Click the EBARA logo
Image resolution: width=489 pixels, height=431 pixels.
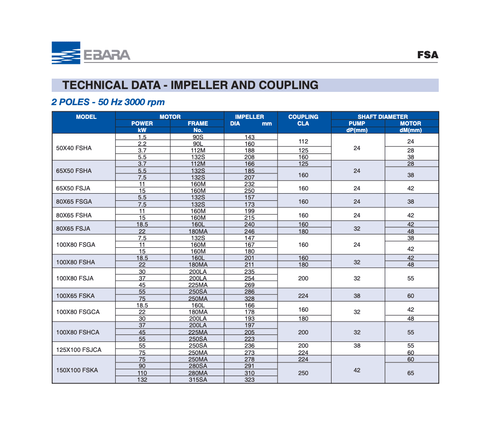click(91, 53)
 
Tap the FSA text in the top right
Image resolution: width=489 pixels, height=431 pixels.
click(427, 55)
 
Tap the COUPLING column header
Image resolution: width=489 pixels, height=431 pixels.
click(303, 117)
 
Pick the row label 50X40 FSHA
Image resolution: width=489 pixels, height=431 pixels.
click(74, 148)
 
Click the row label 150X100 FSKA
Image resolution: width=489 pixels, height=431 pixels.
click(77, 370)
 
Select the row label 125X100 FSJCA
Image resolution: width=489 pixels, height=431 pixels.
click(79, 350)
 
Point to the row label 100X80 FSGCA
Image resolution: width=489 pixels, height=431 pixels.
click(78, 312)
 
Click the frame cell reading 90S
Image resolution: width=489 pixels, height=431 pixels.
click(198, 137)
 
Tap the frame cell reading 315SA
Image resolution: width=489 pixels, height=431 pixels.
click(198, 380)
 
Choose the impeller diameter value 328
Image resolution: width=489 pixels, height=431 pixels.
click(249, 299)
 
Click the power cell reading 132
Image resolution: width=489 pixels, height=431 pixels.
click(142, 380)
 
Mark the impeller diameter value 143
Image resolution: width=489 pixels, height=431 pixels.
click(249, 137)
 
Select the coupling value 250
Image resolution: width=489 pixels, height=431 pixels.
click(303, 373)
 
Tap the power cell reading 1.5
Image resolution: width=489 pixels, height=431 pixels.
click(142, 137)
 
